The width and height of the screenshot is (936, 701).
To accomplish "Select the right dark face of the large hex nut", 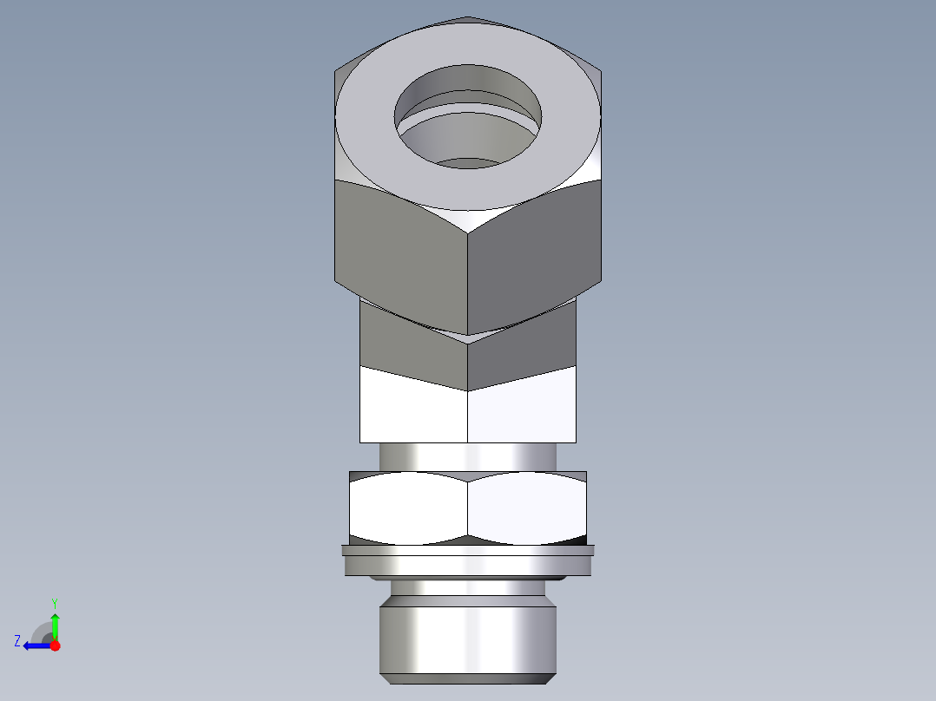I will (x=534, y=252).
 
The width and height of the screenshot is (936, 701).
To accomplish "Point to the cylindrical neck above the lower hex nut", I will (x=468, y=456).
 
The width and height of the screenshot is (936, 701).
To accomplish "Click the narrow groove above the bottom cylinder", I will (x=468, y=589).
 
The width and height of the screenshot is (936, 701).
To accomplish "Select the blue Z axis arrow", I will (x=36, y=645).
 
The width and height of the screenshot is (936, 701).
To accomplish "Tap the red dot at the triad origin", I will (x=55, y=645).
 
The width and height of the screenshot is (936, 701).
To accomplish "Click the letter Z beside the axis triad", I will (x=17, y=640).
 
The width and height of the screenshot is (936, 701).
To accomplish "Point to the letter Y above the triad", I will (x=54, y=601).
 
